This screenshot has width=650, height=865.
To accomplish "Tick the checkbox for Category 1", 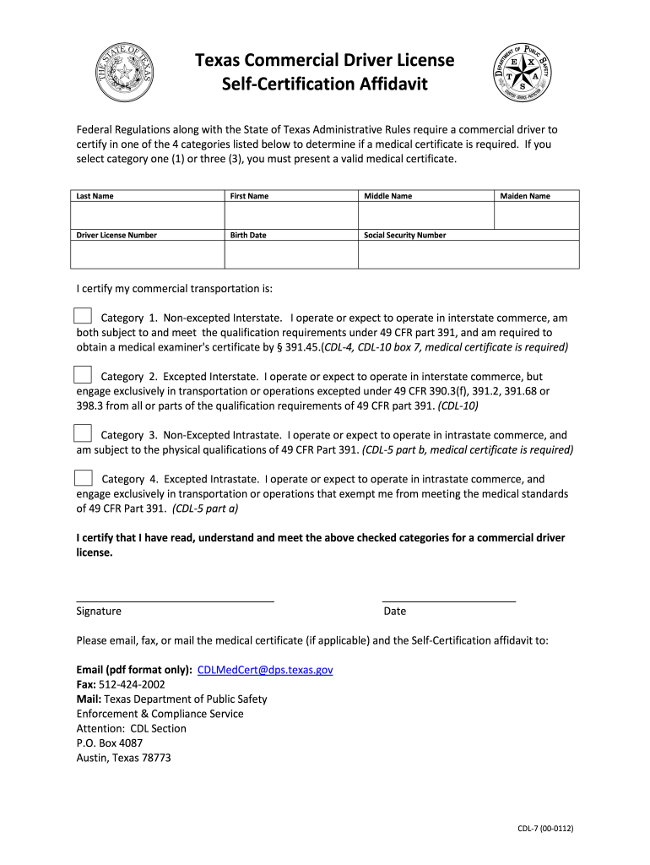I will tap(82, 317).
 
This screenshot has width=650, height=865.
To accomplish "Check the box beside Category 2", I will tap(82, 375).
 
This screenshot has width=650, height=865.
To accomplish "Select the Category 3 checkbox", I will tap(82, 433).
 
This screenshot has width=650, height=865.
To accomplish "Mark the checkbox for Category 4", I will tap(83, 477).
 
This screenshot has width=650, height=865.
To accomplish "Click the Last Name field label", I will tap(95, 196).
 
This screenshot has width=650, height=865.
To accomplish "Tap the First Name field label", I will tap(249, 196).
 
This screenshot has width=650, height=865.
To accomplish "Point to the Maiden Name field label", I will tap(524, 196).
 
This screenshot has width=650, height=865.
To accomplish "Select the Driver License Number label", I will tap(116, 235).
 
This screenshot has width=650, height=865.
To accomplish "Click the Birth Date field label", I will tap(248, 235).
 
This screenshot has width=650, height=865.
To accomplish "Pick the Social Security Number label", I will tap(404, 235).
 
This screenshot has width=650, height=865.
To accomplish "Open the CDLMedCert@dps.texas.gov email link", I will tap(265, 670).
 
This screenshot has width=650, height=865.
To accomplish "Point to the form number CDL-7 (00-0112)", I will tap(545, 829).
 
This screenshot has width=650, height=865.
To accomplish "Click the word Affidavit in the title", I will tap(384, 84).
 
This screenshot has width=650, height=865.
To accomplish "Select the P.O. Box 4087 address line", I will tap(110, 743).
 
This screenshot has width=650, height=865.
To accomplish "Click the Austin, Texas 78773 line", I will tap(123, 758).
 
